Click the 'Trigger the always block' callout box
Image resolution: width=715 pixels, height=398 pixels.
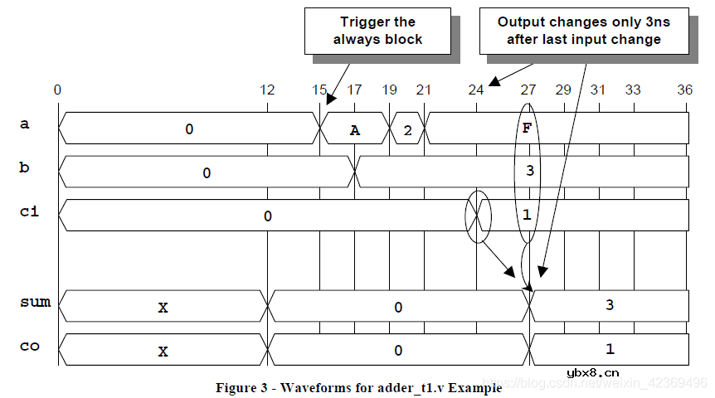tap(377, 31)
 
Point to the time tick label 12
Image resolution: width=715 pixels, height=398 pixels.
tap(267, 90)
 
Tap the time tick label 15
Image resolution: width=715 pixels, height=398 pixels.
tap(319, 90)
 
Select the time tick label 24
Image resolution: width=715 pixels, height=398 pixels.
tap(475, 90)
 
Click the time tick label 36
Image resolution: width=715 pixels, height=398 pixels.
tap(684, 90)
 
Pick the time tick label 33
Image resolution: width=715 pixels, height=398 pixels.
tap(632, 90)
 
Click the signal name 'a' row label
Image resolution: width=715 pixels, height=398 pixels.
tap(25, 124)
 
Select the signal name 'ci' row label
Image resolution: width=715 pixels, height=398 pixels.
tap(29, 212)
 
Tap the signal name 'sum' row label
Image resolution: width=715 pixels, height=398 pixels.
tap(35, 303)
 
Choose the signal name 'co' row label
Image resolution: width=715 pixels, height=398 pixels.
tap(30, 346)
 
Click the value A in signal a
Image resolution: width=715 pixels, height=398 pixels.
tap(355, 129)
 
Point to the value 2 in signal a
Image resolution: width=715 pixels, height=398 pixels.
tap(407, 129)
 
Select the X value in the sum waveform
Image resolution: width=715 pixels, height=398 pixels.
tap(163, 307)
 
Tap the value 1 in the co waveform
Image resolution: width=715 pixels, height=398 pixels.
tap(610, 349)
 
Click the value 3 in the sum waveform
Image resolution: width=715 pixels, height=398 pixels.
tap(610, 305)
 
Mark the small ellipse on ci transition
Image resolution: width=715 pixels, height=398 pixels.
tap(479, 217)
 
